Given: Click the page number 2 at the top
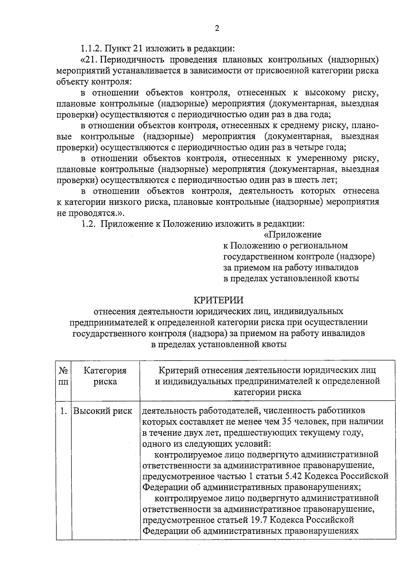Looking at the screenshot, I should point(217,29).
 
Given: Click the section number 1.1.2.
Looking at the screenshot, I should point(92,48).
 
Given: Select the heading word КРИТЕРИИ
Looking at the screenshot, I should point(218,300).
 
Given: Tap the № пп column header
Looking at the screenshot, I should point(64,376).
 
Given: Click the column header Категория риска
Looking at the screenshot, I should point(105,376).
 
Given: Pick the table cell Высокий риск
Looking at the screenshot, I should point(103,411).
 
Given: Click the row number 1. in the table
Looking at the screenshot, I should point(64,411).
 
